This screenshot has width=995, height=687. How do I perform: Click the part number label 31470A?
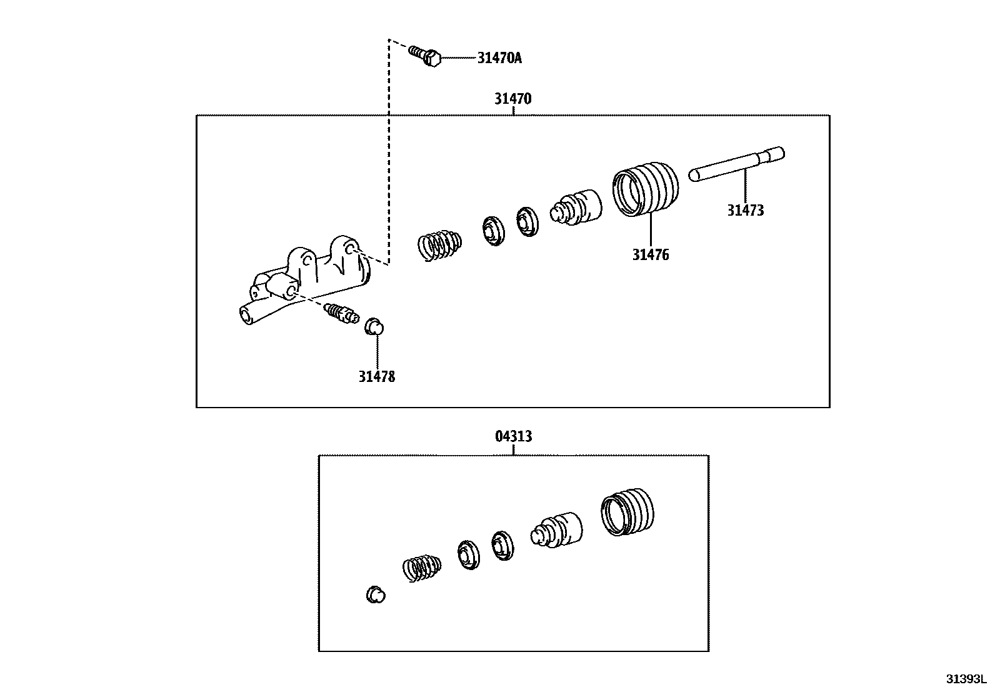tap(499, 58)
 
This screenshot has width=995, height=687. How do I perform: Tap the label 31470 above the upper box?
tap(512, 99)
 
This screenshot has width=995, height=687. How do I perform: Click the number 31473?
tap(745, 211)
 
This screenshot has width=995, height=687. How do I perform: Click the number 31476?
tap(650, 255)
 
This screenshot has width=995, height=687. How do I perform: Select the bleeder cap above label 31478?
tap(374, 326)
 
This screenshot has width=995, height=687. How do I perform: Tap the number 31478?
tap(376, 376)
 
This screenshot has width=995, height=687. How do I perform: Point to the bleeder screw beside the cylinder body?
tap(341, 312)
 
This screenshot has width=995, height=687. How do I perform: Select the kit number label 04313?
tap(513, 436)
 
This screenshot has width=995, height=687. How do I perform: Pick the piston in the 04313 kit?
tap(556, 530)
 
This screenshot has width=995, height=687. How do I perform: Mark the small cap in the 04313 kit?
tap(374, 594)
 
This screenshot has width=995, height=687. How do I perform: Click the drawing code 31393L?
tap(964, 679)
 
